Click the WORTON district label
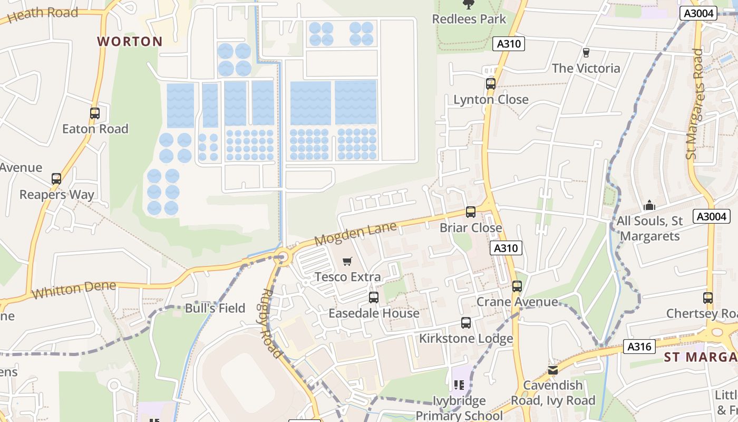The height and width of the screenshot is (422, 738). [130, 42]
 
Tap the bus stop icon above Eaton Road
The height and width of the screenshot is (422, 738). [95, 113]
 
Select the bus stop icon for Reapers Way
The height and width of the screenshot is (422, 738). [56, 179]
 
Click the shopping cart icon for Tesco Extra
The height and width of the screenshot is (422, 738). [347, 262]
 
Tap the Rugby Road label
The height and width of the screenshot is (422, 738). [271, 323]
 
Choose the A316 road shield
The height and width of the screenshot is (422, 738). [639, 347]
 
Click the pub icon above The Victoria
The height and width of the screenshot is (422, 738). [586, 53]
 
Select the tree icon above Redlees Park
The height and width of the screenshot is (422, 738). [468, 5]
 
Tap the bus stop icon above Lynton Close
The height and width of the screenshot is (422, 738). [491, 84]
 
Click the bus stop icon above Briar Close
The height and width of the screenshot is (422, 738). [471, 212]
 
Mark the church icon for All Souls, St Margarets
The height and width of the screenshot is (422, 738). [649, 205]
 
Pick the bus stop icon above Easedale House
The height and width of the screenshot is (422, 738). [374, 298]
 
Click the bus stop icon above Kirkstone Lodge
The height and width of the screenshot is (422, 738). [466, 323]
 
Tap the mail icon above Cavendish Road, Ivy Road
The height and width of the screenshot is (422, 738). [552, 370]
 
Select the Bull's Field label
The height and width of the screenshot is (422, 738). [215, 308]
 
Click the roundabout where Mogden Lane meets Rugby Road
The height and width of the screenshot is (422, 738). [284, 257]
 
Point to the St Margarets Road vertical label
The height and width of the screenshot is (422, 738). [695, 104]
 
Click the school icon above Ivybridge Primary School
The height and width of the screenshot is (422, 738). [459, 385]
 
